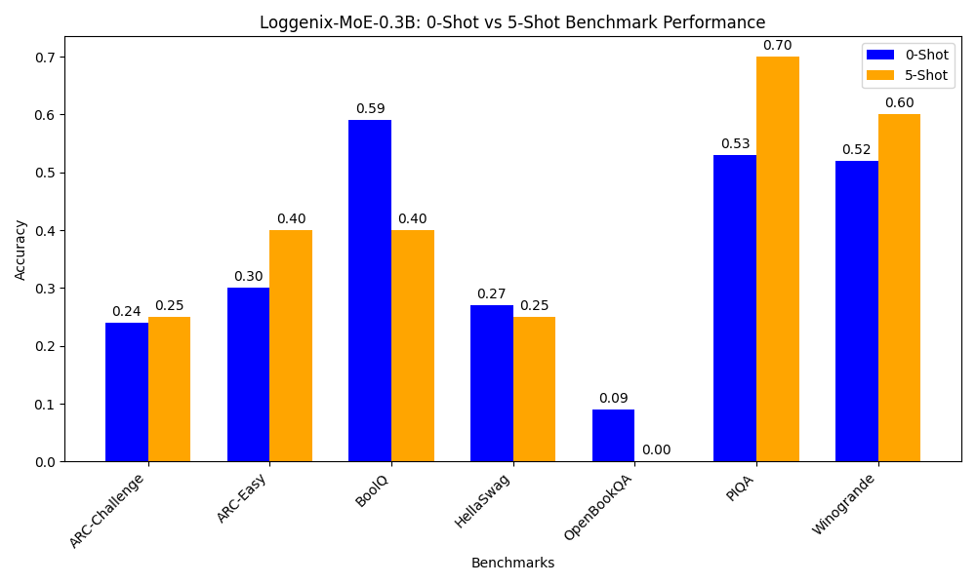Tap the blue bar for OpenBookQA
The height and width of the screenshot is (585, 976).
pos(613,435)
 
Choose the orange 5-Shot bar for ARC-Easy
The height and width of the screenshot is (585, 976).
pos(291,345)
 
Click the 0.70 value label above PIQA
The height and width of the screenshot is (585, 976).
pos(777,46)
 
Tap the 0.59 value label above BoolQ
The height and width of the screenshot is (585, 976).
pos(370,109)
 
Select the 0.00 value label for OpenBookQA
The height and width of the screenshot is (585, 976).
pos(656,450)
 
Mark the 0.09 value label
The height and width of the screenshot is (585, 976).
pos(613,399)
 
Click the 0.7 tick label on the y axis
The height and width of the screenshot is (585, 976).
pos(44,58)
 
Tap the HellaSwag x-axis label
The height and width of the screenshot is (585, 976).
pos(480,501)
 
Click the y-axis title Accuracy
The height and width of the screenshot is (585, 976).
pos(20,249)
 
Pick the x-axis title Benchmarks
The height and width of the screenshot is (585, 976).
pos(512,563)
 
